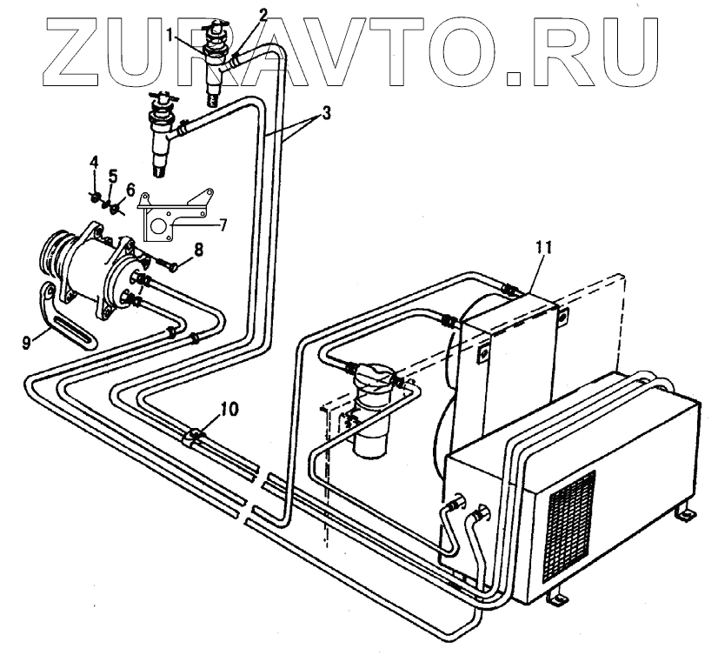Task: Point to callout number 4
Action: pyautogui.click(x=96, y=163)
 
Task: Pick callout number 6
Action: pyautogui.click(x=130, y=188)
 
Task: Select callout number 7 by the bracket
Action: pyautogui.click(x=223, y=224)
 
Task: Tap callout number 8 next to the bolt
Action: pyautogui.click(x=199, y=250)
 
